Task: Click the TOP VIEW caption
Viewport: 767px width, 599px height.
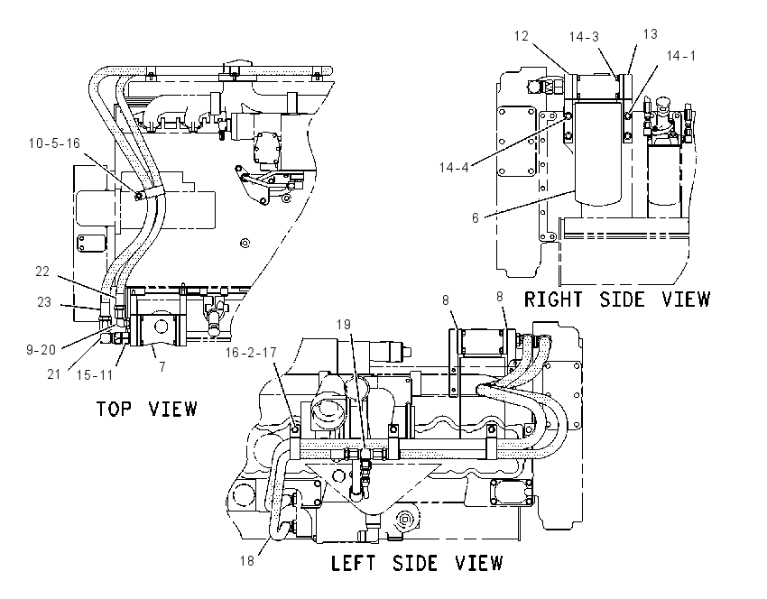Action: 147,409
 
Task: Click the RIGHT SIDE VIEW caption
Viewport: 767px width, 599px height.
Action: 617,299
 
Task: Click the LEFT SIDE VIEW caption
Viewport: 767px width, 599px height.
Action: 417,563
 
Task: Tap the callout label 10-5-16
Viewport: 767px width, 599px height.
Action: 54,143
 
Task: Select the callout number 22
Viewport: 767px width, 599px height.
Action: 42,272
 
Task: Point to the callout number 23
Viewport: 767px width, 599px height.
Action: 44,302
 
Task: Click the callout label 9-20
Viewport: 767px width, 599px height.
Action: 42,350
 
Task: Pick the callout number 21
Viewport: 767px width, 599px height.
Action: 53,374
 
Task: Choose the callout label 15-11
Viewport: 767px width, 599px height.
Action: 95,375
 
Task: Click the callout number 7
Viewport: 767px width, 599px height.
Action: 162,366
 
